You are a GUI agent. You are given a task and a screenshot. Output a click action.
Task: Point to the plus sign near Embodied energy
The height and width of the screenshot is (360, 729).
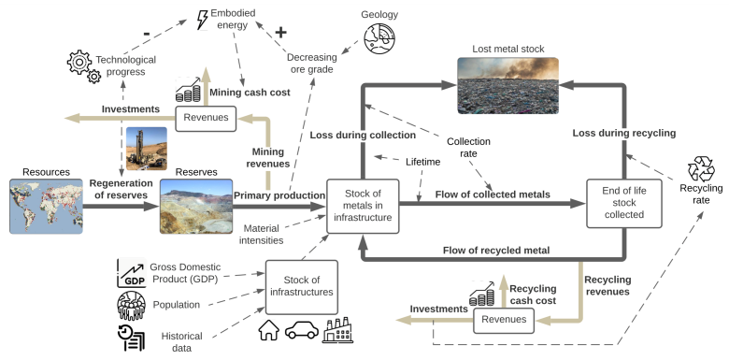tap(279, 31)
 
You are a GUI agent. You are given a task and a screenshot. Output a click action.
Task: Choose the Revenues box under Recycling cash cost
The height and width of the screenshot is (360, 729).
tap(505, 321)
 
